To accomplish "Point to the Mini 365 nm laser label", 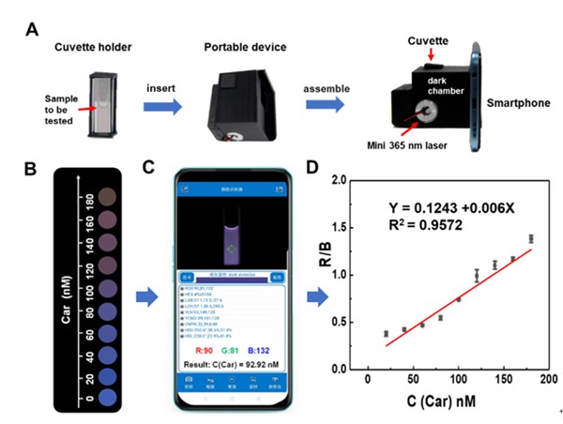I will click(x=407, y=144).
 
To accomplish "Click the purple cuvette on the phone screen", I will click(x=232, y=242).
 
